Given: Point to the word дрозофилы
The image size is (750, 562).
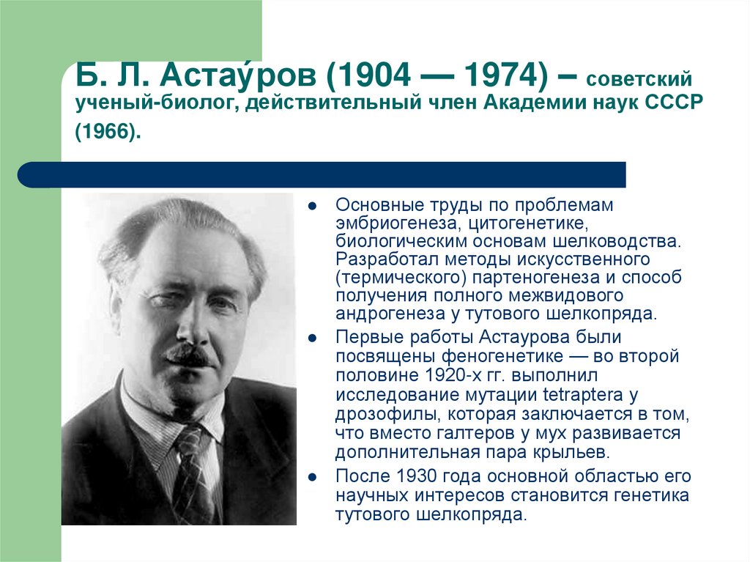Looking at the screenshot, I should [379, 413].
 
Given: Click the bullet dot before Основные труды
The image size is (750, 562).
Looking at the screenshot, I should [313, 206].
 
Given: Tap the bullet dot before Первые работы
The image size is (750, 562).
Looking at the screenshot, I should [313, 339].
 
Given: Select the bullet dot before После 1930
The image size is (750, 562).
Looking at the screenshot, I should [313, 477].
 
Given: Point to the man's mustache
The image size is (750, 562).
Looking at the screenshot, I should [189, 356].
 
